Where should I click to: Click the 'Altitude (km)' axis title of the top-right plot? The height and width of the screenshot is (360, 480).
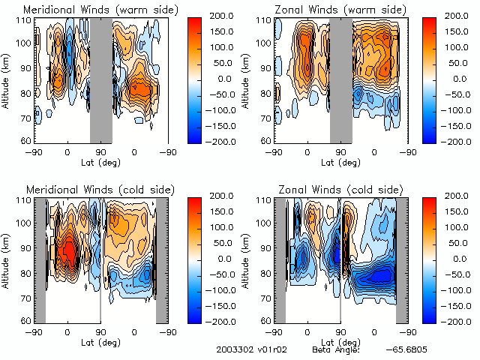click(x=248, y=79)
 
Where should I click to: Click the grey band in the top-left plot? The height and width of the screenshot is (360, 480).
click(x=100, y=79)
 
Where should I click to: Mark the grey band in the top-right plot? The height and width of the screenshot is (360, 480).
click(x=341, y=79)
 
